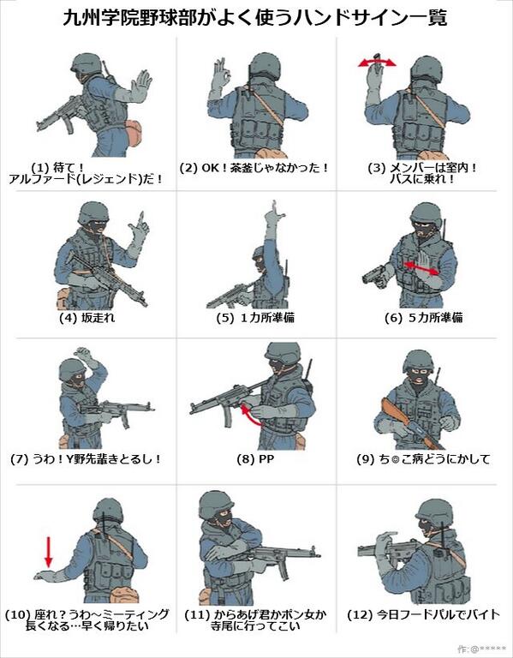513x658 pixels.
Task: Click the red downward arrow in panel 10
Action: (x=49, y=552)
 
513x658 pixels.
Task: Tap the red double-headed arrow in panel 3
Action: (x=377, y=63)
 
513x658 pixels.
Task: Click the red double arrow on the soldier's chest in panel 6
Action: (x=421, y=268)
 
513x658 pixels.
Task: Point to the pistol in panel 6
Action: (x=375, y=276)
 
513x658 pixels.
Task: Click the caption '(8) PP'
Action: (x=255, y=459)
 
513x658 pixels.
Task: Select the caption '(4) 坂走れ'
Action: (x=86, y=318)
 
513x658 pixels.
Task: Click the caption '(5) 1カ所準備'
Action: (x=255, y=318)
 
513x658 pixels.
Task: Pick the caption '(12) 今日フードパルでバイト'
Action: (x=424, y=615)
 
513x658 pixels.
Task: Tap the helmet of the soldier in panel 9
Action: (x=420, y=360)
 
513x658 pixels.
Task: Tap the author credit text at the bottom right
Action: (x=482, y=649)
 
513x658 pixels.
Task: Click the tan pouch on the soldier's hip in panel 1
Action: (x=134, y=133)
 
